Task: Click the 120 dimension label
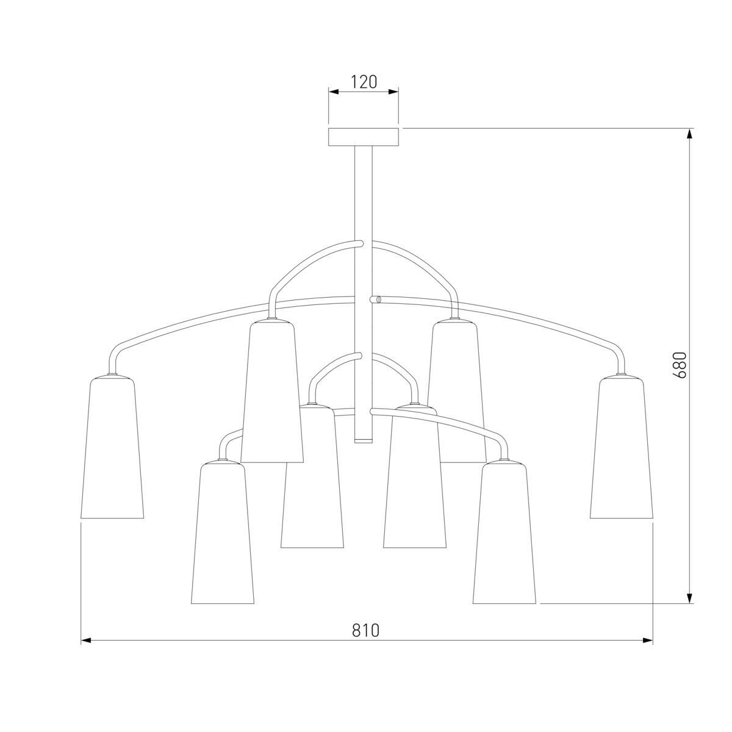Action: pyautogui.click(x=363, y=82)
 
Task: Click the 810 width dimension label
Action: pyautogui.click(x=366, y=630)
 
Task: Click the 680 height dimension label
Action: pyautogui.click(x=680, y=365)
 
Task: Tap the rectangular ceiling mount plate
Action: pyautogui.click(x=364, y=137)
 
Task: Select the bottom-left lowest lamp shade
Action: pyautogui.click(x=222, y=533)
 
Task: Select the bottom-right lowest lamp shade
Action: pyautogui.click(x=504, y=533)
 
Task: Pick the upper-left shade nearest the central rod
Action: pyautogui.click(x=272, y=391)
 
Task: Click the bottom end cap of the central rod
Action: pyautogui.click(x=364, y=440)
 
